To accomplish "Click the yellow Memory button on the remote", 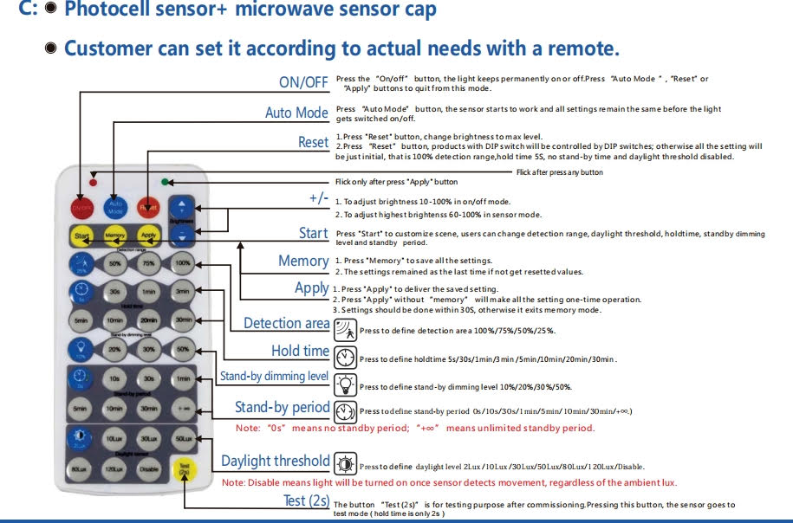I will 115,236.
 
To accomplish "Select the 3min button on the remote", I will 182,292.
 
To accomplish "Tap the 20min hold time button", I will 149,320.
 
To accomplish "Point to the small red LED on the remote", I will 92,184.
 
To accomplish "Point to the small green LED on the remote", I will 164,183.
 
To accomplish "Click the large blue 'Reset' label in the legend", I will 313,142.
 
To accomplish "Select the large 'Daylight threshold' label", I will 275,461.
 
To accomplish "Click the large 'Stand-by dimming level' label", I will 274,376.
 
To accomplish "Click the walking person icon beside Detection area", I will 345,328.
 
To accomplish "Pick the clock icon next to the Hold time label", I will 345,356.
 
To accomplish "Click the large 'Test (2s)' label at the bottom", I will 306,500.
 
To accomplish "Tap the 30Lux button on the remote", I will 149,440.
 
